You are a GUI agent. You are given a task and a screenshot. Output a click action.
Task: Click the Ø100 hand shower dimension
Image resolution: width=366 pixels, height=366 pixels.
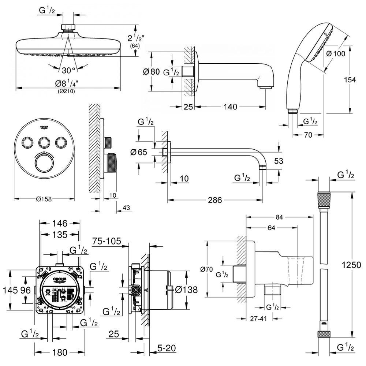coord(335,54)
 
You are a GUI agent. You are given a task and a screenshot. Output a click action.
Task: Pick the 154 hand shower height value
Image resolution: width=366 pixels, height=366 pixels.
coord(350,80)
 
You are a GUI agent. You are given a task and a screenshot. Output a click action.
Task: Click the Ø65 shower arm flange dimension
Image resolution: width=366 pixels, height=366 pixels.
coord(139,152)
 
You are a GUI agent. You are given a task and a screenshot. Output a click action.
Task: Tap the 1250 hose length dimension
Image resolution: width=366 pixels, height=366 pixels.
coord(354,264)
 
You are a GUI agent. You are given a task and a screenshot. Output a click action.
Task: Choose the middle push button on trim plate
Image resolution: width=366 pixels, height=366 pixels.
coord(44,142)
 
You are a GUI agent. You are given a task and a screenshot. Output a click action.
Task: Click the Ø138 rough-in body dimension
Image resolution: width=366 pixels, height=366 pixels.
coord(186,290)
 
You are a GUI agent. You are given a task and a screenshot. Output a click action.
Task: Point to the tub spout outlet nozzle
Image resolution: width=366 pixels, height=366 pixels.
coord(266,86)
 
